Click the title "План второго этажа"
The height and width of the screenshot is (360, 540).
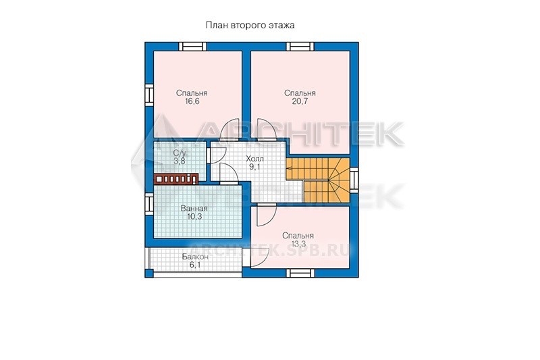pyautogui.click(x=250, y=25)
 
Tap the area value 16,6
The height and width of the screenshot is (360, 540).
pyautogui.click(x=192, y=101)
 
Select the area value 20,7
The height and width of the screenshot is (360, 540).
pyautogui.click(x=300, y=101)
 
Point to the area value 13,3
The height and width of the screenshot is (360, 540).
pyautogui.click(x=298, y=244)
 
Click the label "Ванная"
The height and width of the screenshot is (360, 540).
pyautogui.click(x=194, y=209)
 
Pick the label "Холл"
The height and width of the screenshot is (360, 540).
pyautogui.click(x=255, y=159)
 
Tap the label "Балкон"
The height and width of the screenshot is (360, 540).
pyautogui.click(x=195, y=257)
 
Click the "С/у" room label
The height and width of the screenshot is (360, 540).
pyautogui.click(x=180, y=153)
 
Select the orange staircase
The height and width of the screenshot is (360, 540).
pyautogui.click(x=317, y=180)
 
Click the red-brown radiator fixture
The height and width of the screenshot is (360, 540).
pyautogui.click(x=176, y=178)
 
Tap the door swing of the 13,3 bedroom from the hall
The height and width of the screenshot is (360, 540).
pyautogui.click(x=266, y=215)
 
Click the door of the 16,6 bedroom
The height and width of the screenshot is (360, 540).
pyautogui.click(x=232, y=131)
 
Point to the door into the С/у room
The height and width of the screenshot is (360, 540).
pyautogui.click(x=217, y=155)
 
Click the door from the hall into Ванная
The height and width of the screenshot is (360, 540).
pyautogui.click(x=228, y=173)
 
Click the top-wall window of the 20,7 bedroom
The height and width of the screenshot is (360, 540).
pyautogui.click(x=300, y=46)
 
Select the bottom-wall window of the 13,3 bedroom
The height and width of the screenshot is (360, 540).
pyautogui.click(x=300, y=273)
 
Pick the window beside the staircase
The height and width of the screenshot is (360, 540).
pyautogui.click(x=354, y=180)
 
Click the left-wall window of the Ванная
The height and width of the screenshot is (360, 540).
pyautogui.click(x=148, y=204)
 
